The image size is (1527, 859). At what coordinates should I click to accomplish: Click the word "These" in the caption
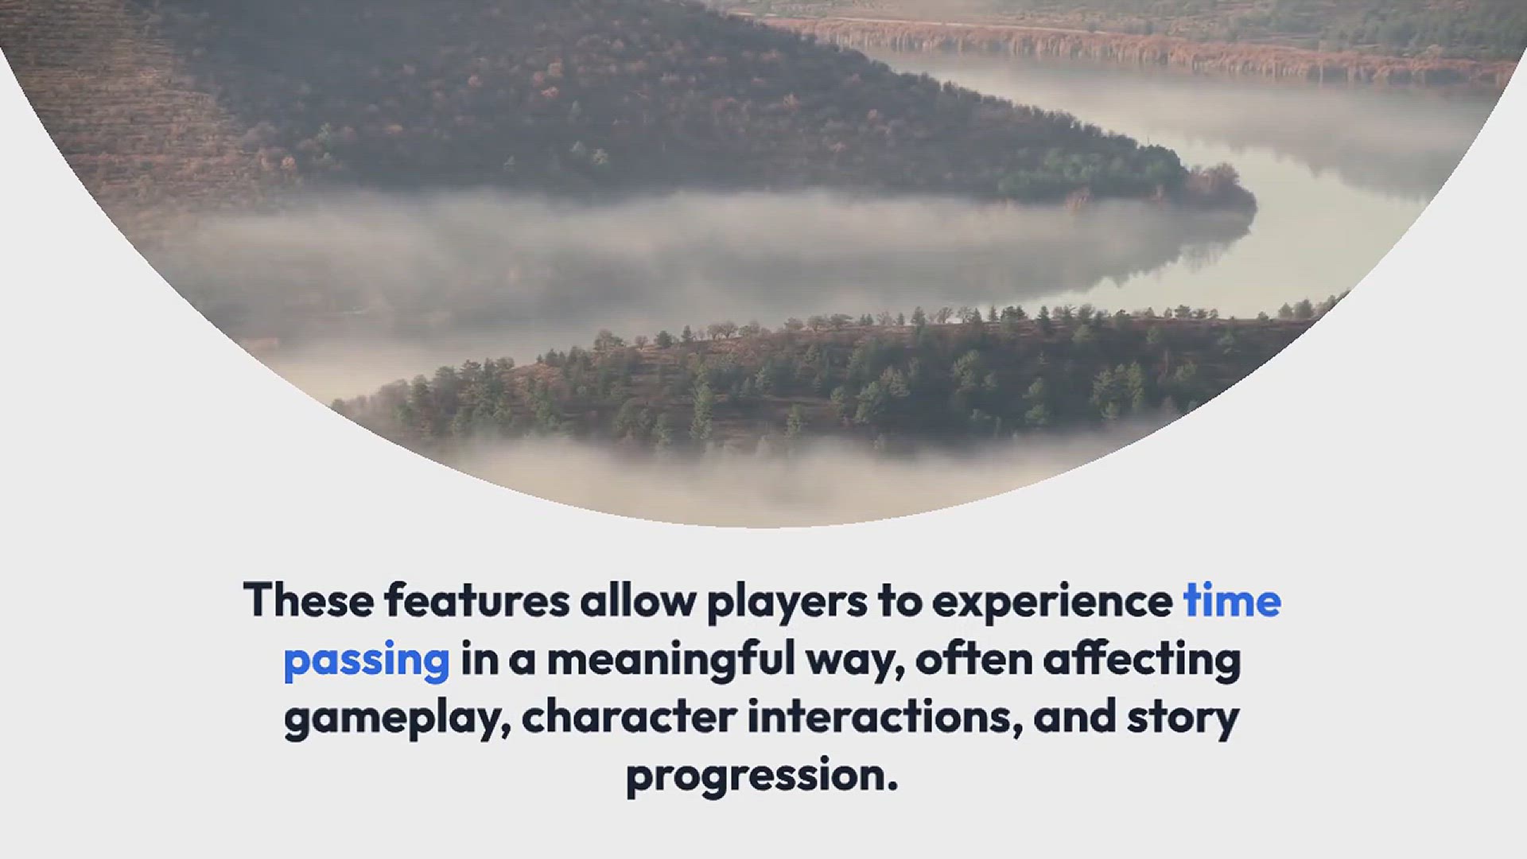pos(309,600)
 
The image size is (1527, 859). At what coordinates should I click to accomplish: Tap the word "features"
pos(477,600)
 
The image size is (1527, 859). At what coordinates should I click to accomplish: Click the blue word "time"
pos(1233,600)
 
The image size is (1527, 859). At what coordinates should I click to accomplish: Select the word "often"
pos(973,658)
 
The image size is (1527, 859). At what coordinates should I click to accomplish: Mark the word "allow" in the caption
pos(638,600)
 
